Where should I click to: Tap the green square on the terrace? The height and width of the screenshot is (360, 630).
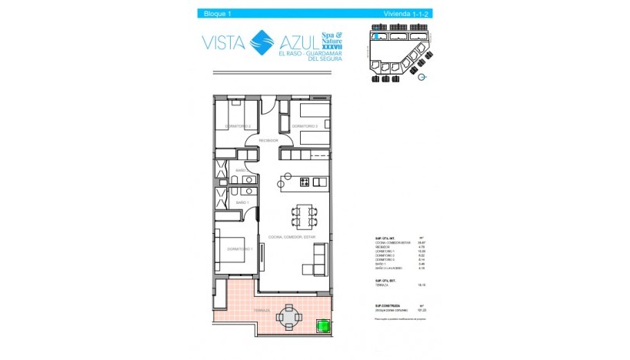[323, 328]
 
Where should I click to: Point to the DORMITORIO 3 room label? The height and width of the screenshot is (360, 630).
[305, 126]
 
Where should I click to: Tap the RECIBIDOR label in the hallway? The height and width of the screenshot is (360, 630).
[268, 141]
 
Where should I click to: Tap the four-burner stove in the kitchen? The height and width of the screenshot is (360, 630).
[305, 182]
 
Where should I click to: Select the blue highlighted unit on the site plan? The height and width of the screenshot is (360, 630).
[375, 35]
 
